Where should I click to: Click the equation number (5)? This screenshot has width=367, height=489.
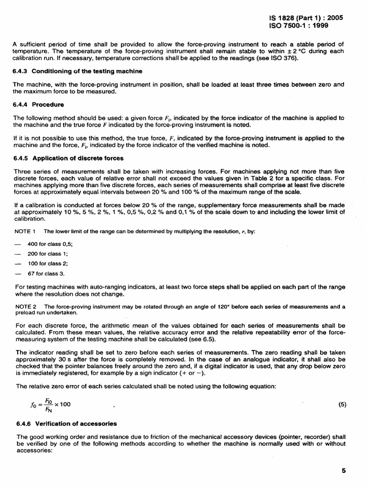[342, 404]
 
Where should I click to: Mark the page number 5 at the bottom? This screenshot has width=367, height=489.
[344, 470]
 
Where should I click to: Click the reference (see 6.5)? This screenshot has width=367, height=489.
[203, 340]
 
